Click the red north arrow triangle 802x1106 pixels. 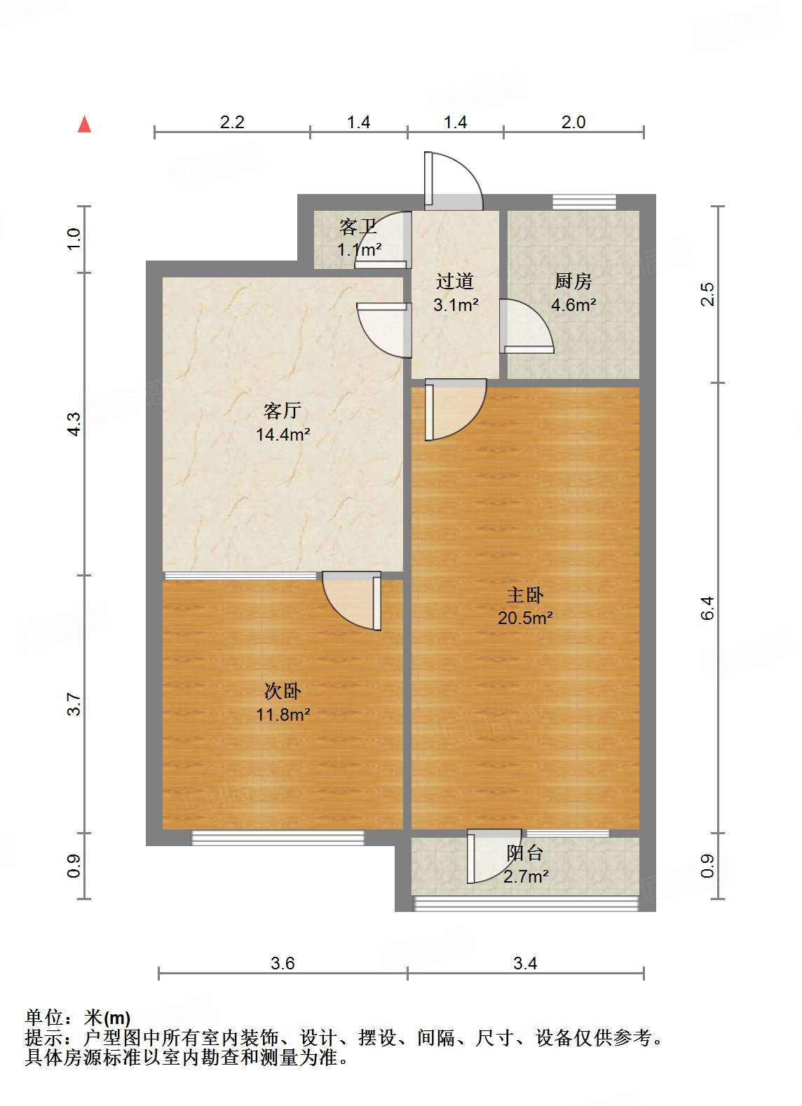[x=85, y=124]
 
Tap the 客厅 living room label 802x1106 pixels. [x=283, y=410]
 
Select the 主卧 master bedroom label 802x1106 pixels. [x=525, y=595]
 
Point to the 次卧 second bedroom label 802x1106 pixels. [x=283, y=691]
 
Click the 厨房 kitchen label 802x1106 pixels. [x=573, y=282]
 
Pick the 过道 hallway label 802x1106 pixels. [x=455, y=282]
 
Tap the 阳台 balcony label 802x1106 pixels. [x=525, y=853]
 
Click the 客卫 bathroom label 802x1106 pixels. [x=358, y=227]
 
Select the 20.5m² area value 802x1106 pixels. [x=525, y=618]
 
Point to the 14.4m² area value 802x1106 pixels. [x=283, y=434]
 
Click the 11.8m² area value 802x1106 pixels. [x=283, y=714]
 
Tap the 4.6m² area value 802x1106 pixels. [x=573, y=305]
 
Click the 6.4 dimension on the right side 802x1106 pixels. [x=707, y=607]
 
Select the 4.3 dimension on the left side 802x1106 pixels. [x=74, y=424]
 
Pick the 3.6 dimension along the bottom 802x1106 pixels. [x=283, y=963]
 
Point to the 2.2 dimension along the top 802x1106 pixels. [x=232, y=122]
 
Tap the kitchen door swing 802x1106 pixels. [x=526, y=326]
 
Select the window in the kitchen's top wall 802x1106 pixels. [x=584, y=202]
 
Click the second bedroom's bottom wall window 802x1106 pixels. [x=278, y=838]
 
